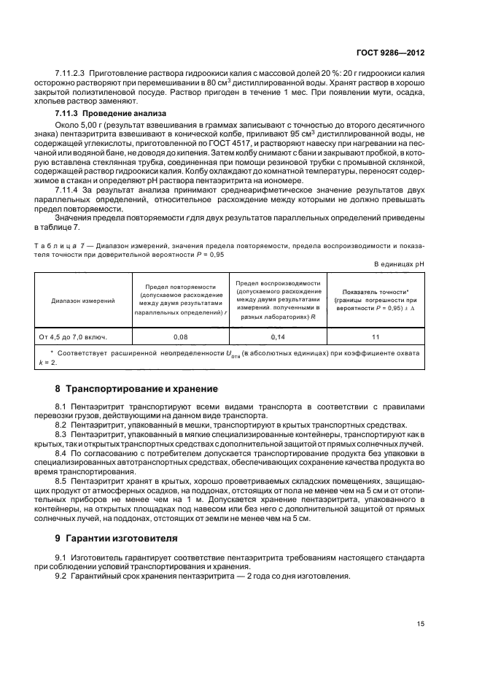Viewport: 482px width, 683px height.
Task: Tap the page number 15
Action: [421, 624]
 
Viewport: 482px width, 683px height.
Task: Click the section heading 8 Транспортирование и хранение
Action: [131, 388]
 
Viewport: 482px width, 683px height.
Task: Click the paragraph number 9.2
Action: [61, 576]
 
